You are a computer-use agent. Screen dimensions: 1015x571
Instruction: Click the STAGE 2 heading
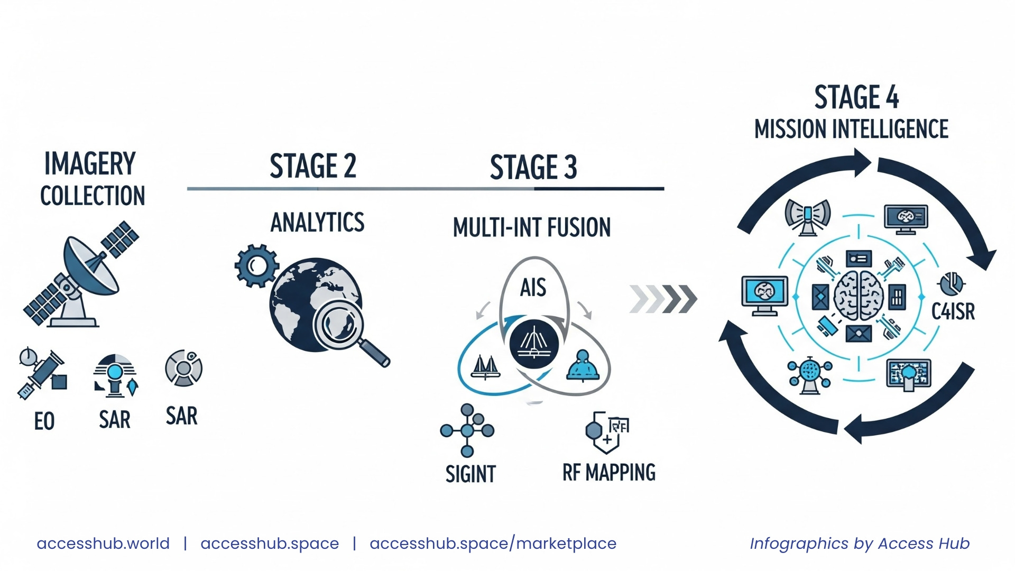313,166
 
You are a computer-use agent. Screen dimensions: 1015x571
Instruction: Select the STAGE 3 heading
533,168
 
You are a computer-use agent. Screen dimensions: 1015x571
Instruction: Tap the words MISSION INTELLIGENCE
851,129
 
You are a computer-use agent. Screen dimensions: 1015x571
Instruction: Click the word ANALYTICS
317,223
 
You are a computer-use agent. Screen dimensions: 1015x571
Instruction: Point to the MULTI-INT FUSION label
532,228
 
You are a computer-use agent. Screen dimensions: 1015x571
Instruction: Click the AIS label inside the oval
533,288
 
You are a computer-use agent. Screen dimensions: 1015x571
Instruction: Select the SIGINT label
470,474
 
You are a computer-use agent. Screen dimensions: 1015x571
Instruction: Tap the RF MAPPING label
608,473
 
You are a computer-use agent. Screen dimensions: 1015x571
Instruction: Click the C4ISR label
953,311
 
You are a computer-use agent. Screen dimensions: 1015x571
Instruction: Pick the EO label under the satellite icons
44,421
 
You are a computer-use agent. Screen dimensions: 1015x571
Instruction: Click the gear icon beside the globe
256,265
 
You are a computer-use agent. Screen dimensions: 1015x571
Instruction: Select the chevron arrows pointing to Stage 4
663,299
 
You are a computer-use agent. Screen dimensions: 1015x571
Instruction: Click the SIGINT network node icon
467,431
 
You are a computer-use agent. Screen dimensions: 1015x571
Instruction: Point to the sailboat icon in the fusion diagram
485,367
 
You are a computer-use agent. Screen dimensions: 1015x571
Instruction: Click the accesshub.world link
103,544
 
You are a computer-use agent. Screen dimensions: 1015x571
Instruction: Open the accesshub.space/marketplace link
493,544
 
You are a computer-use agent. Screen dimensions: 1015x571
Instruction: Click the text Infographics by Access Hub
860,544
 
